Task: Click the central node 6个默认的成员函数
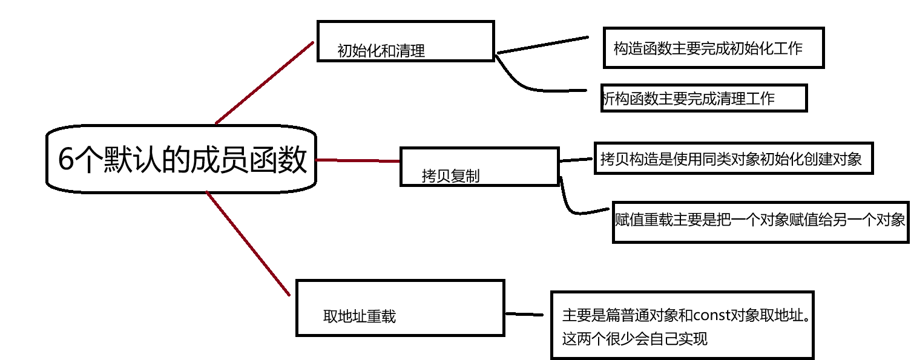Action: coord(181,160)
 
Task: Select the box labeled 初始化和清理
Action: coord(406,41)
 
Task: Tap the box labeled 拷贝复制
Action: coord(479,166)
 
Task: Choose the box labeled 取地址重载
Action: coord(400,307)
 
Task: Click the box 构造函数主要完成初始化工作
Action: coord(713,48)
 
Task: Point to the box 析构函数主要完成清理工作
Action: coord(703,98)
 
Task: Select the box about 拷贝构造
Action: coord(733,159)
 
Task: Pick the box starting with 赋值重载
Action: coord(760,221)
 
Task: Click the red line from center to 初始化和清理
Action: coord(265,82)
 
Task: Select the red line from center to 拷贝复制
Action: coord(357,160)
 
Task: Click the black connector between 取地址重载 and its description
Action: coord(524,314)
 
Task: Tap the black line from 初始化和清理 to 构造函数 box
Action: coord(542,45)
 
